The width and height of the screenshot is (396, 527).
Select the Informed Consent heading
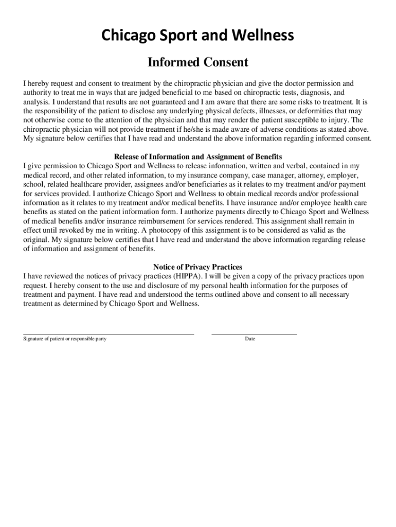[198, 63]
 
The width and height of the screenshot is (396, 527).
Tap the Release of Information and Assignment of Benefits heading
[198, 156]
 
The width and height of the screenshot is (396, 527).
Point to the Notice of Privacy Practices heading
[198, 267]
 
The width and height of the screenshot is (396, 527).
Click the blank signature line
[109, 333]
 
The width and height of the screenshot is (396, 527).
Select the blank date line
[254, 333]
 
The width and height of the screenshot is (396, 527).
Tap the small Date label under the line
[250, 339]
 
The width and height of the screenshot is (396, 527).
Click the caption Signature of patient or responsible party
[65, 339]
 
